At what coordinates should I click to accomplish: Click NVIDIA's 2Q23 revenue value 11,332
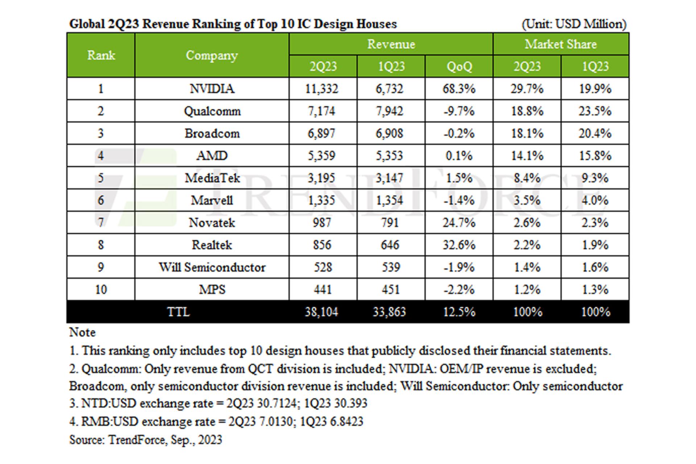[322, 89]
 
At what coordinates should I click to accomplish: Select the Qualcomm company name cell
[212, 111]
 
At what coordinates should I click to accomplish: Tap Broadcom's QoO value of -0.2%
[459, 133]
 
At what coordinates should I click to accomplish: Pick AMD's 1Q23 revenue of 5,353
[389, 156]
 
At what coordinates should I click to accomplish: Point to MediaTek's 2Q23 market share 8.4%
[527, 178]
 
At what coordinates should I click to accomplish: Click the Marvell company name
[212, 200]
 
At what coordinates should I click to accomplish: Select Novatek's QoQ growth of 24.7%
[459, 223]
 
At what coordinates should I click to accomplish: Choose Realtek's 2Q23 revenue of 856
[322, 245]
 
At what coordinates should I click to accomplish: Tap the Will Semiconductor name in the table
[212, 268]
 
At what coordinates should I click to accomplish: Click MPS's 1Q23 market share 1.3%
[595, 290]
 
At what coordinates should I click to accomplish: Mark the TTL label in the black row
[178, 312]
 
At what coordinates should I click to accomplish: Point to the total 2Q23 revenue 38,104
[322, 312]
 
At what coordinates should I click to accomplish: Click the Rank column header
[101, 55]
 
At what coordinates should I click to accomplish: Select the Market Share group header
[561, 44]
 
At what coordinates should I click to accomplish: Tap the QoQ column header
[459, 67]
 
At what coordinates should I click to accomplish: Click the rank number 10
[101, 290]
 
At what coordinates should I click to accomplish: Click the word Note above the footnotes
[83, 332]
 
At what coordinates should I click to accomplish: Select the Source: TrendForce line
[146, 440]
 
